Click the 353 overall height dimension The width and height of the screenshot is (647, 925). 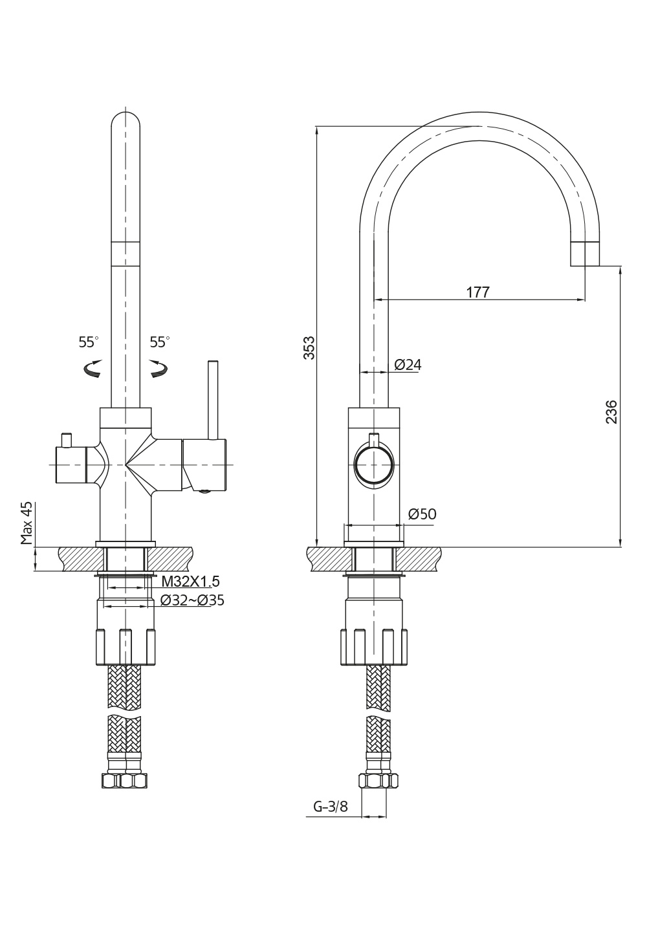coord(309,348)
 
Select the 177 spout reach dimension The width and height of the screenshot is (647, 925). coord(478,292)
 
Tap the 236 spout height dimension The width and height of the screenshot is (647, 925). coord(611,411)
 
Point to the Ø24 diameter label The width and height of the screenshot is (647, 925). coord(408,365)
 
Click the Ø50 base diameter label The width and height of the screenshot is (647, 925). coord(422,514)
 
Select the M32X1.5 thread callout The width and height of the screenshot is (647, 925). coord(190,582)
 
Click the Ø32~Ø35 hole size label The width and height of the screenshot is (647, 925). coord(192,600)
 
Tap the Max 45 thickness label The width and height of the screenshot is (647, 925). coord(27,523)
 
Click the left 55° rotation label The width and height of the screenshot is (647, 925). coord(89,342)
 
